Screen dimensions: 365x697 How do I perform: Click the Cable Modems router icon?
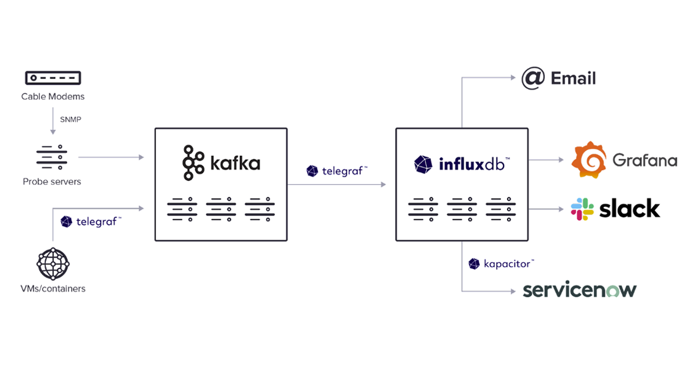pos(52,78)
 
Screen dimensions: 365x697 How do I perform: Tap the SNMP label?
pos(70,120)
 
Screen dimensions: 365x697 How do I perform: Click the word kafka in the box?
pos(235,163)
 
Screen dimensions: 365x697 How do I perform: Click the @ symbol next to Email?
pos(533,78)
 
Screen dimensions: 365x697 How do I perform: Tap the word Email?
pos(573,78)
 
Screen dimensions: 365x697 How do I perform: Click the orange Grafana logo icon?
pos(590,159)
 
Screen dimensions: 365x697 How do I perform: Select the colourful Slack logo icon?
pos(583,209)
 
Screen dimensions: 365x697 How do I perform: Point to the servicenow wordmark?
pos(579,290)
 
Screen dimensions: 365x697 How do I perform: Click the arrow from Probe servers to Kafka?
pos(110,157)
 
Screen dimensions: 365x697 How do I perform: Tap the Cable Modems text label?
pos(53,96)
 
